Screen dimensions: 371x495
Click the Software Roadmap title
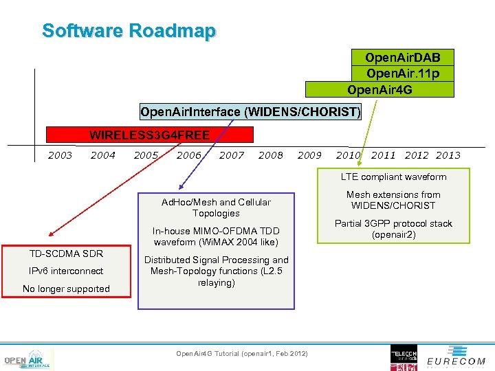coord(129,31)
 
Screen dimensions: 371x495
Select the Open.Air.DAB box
coord(403,57)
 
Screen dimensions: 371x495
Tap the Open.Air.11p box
coord(403,74)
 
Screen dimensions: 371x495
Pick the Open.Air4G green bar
coord(379,89)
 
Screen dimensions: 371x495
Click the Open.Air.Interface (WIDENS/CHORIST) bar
coord(250,111)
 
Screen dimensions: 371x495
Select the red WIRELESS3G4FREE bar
coord(149,135)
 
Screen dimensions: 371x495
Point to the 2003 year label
coord(60,155)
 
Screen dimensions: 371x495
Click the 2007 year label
coord(232,155)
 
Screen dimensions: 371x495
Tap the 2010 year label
coord(349,155)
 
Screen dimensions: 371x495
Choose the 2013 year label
coord(448,155)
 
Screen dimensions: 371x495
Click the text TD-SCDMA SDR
coord(66,254)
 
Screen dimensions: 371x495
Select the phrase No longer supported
coord(66,289)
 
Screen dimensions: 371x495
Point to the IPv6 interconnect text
coord(66,271)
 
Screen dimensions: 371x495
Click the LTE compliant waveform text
coord(393,177)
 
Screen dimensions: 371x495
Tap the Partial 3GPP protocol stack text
coord(393,229)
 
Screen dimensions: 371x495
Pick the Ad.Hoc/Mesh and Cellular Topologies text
coord(216,207)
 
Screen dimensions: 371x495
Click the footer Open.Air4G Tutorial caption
coord(242,353)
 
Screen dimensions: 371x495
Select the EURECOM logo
coord(456,360)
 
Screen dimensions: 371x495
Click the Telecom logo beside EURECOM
coord(404,357)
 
